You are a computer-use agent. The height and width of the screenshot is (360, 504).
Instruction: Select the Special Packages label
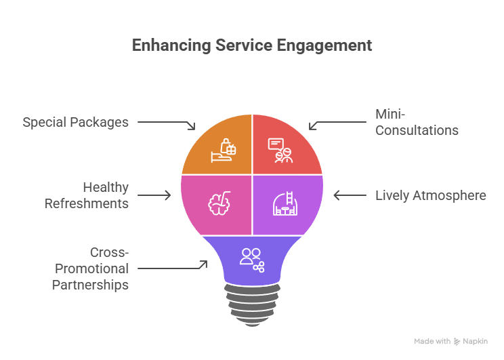click(x=75, y=123)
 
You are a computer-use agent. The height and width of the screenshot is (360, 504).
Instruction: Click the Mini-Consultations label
click(x=417, y=123)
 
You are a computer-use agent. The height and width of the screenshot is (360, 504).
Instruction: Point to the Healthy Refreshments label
click(x=87, y=195)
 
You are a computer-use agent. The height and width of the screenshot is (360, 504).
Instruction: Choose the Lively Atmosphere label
click(x=431, y=195)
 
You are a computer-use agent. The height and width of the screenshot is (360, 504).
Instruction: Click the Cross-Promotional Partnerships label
click(x=90, y=268)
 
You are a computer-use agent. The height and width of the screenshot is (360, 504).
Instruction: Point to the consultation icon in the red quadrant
click(x=279, y=151)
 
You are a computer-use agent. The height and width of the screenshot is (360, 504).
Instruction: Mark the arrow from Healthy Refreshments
click(x=154, y=196)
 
